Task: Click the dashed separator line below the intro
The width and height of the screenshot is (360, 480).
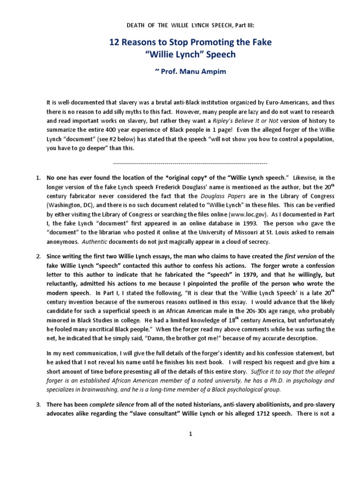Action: point(190,163)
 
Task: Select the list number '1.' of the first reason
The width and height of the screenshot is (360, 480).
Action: point(39,178)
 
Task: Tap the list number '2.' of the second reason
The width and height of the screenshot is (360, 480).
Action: point(39,256)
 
